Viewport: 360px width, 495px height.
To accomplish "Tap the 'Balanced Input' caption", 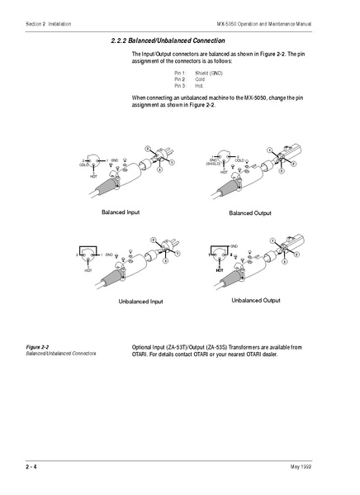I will click(121, 212).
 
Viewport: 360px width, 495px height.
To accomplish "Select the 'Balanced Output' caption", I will click(249, 213).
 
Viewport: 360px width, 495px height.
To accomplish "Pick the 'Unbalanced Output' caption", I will click(255, 300).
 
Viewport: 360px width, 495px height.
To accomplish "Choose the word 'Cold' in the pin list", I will click(201, 79).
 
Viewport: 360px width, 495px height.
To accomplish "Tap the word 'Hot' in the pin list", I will click(199, 85).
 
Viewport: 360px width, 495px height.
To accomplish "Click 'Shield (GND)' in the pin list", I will click(209, 74).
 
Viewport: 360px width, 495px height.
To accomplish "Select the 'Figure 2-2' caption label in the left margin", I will click(38, 346).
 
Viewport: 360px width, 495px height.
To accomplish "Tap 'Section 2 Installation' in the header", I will click(49, 24).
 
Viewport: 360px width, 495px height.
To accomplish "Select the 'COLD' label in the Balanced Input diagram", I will click(83, 164).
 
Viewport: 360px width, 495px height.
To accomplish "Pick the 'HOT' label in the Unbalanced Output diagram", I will click(220, 270).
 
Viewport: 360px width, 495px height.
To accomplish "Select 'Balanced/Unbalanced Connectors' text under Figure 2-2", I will click(61, 353).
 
